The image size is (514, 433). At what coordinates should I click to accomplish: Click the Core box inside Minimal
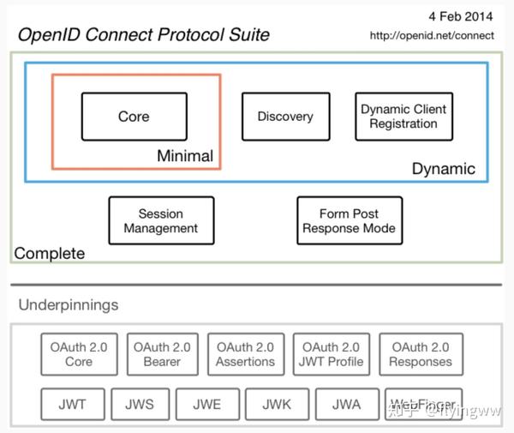coord(134,117)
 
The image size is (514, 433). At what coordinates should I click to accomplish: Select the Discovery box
coord(285,117)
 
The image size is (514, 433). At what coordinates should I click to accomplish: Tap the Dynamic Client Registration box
coord(403,117)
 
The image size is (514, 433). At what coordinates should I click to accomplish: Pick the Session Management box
coord(161,220)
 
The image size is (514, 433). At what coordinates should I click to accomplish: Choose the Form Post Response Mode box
coord(349,220)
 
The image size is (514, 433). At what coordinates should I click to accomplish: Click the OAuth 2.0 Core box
coord(79,354)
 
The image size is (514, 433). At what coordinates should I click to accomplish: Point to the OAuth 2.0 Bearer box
coord(162,354)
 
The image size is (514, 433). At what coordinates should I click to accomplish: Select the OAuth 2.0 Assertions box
coord(246,354)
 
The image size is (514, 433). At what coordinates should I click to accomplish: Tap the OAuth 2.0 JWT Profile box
coord(332,354)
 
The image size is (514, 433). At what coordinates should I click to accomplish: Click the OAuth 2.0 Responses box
coord(420,354)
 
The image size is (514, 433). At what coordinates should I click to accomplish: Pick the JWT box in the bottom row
coord(73,404)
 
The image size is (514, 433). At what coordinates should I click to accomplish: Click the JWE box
coord(207,404)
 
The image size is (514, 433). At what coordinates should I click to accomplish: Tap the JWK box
coord(277,404)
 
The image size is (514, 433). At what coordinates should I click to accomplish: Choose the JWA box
coord(346,404)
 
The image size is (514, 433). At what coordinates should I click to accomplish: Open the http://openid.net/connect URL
coord(432,35)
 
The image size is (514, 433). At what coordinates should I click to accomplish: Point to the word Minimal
coord(185,156)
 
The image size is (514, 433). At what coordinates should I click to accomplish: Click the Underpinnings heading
coord(69,304)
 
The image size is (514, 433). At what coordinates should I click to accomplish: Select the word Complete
coord(50,253)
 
